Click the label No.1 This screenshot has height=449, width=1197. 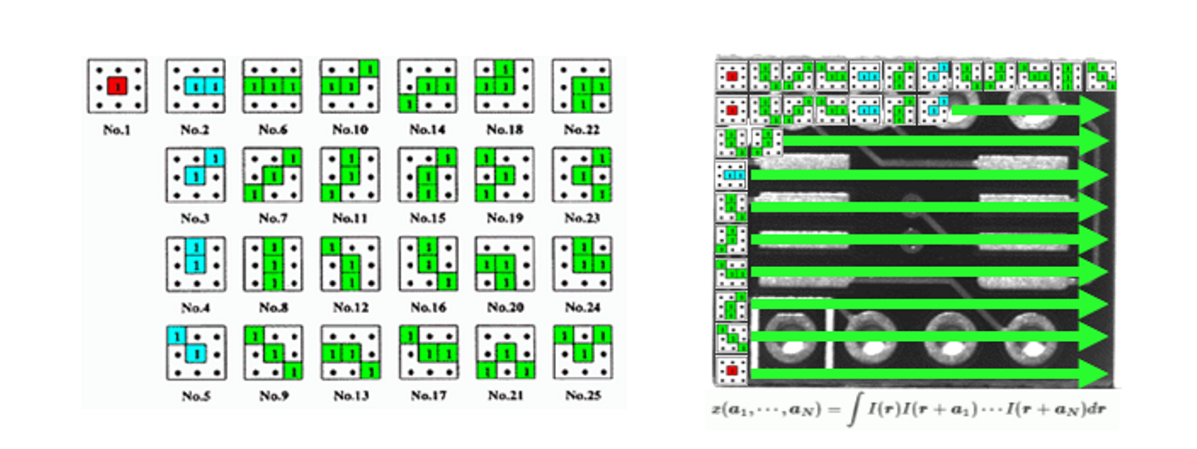click(117, 130)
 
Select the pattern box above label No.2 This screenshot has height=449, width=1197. click(195, 86)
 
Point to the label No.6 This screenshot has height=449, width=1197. click(272, 130)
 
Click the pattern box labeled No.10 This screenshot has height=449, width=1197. click(349, 86)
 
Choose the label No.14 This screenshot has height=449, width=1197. click(426, 130)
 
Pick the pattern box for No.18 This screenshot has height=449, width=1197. click(504, 86)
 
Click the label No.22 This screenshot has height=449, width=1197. click(581, 130)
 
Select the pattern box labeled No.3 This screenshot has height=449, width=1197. click(195, 175)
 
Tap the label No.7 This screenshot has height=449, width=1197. click(272, 219)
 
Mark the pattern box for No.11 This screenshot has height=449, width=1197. click(349, 175)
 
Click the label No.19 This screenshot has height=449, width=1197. click(504, 219)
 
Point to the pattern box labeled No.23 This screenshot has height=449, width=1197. click(581, 175)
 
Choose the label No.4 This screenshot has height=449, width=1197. click(195, 308)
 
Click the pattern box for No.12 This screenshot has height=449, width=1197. click(349, 264)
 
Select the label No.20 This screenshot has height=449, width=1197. click(504, 308)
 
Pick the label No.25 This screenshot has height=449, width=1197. click(581, 397)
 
